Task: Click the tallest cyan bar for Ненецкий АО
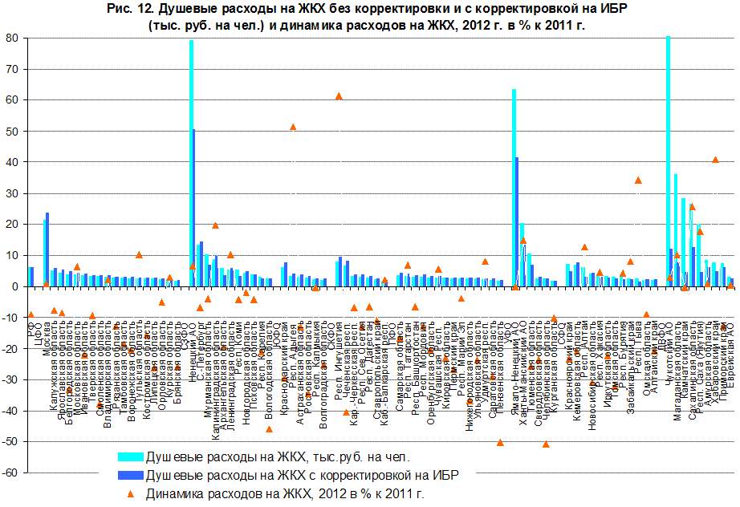(191, 160)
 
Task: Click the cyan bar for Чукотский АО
(668, 160)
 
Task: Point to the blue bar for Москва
(48, 249)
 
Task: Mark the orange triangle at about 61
(339, 96)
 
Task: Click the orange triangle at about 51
(293, 127)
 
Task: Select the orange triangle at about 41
(715, 160)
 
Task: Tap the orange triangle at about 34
(638, 180)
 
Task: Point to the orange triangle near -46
(270, 429)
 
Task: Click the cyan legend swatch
(130, 456)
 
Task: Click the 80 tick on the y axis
(14, 38)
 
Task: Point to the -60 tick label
(11, 473)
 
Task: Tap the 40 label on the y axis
(14, 162)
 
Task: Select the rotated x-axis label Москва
(47, 310)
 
